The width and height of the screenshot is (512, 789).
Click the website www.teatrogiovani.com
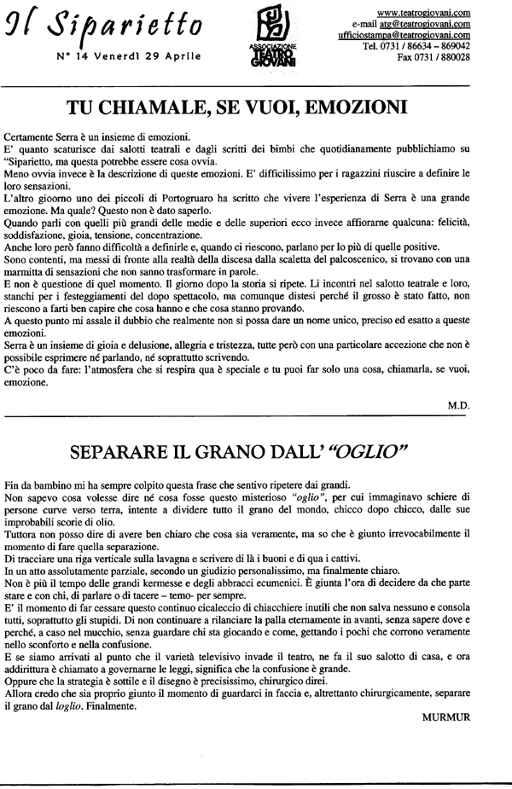(x=423, y=12)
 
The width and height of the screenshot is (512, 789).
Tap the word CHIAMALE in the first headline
(x=179, y=108)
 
